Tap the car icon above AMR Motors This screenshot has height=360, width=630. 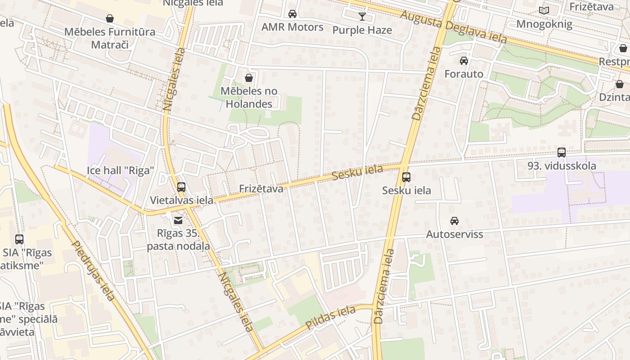coord(292,14)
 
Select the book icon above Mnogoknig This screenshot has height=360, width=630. coord(544,10)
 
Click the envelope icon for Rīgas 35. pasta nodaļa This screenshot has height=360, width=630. coord(178,220)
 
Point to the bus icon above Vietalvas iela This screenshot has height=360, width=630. coord(181,187)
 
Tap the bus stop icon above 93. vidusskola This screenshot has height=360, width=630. coord(562,152)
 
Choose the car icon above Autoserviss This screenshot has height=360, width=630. coord(454,221)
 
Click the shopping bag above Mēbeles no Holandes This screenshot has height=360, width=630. coord(249,78)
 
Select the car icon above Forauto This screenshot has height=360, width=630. coord(464,61)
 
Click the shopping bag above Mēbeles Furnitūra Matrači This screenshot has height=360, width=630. coord(109,18)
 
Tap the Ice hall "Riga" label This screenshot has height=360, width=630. coord(121,171)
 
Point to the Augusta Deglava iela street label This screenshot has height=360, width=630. coord(453,27)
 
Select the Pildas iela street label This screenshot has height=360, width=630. coord(331,318)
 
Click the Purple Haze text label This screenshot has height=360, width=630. coord(362,30)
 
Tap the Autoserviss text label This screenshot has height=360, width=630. coord(454,234)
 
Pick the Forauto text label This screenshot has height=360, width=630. coord(464,74)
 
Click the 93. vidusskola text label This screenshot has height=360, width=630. coord(562,166)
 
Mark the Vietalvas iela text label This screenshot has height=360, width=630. coord(181,200)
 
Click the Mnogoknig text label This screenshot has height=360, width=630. coord(544,24)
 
